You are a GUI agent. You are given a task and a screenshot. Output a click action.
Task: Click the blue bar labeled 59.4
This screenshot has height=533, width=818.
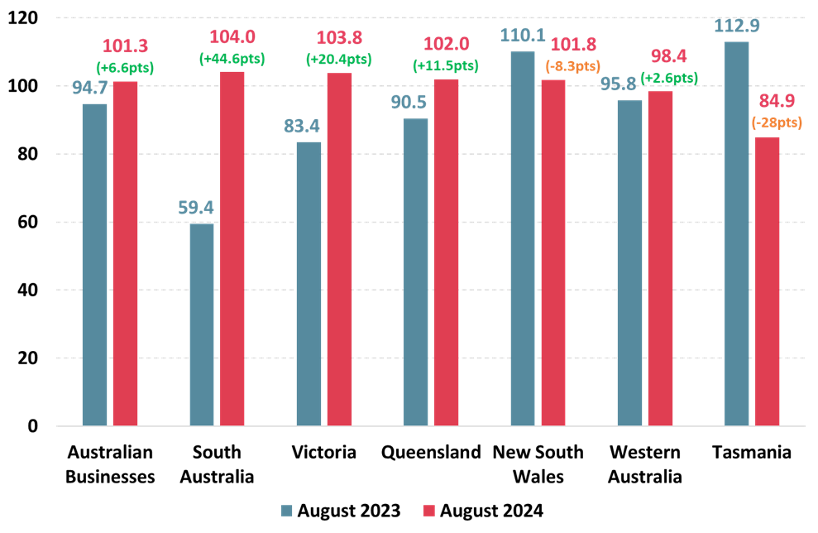[202, 324]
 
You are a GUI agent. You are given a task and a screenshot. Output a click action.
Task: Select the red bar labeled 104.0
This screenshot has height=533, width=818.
[232, 248]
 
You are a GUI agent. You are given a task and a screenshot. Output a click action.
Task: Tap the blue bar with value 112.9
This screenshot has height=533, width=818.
[736, 233]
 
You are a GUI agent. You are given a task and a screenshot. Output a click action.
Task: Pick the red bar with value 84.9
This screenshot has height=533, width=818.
[767, 281]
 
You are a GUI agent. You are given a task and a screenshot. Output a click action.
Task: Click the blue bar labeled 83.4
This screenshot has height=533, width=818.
[309, 284]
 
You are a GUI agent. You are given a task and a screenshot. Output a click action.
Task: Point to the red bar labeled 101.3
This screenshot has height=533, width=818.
[125, 253]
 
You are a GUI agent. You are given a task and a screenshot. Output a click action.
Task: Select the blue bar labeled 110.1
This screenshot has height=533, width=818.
[523, 238]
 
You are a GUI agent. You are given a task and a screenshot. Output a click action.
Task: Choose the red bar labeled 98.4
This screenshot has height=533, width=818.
[660, 258]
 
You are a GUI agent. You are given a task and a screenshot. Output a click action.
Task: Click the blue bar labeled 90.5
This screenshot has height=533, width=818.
[415, 272]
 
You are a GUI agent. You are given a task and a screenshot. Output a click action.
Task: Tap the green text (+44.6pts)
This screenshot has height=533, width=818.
[232, 59]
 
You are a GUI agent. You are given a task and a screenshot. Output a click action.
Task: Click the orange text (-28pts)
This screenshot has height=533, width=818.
[777, 122]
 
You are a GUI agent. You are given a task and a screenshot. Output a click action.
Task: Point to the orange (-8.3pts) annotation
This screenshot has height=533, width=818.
[572, 65]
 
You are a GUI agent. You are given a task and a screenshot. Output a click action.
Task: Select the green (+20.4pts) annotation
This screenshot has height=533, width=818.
[338, 60]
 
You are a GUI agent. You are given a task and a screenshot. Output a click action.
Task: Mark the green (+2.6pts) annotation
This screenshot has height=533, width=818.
[669, 77]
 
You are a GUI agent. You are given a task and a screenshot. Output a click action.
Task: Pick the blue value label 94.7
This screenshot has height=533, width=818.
[90, 88]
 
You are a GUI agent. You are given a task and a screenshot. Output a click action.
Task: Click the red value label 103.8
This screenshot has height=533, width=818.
[339, 38]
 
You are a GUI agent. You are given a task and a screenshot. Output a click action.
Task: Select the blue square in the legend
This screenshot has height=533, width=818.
[286, 511]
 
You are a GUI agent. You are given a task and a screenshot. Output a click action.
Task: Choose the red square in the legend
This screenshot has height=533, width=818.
[428, 511]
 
